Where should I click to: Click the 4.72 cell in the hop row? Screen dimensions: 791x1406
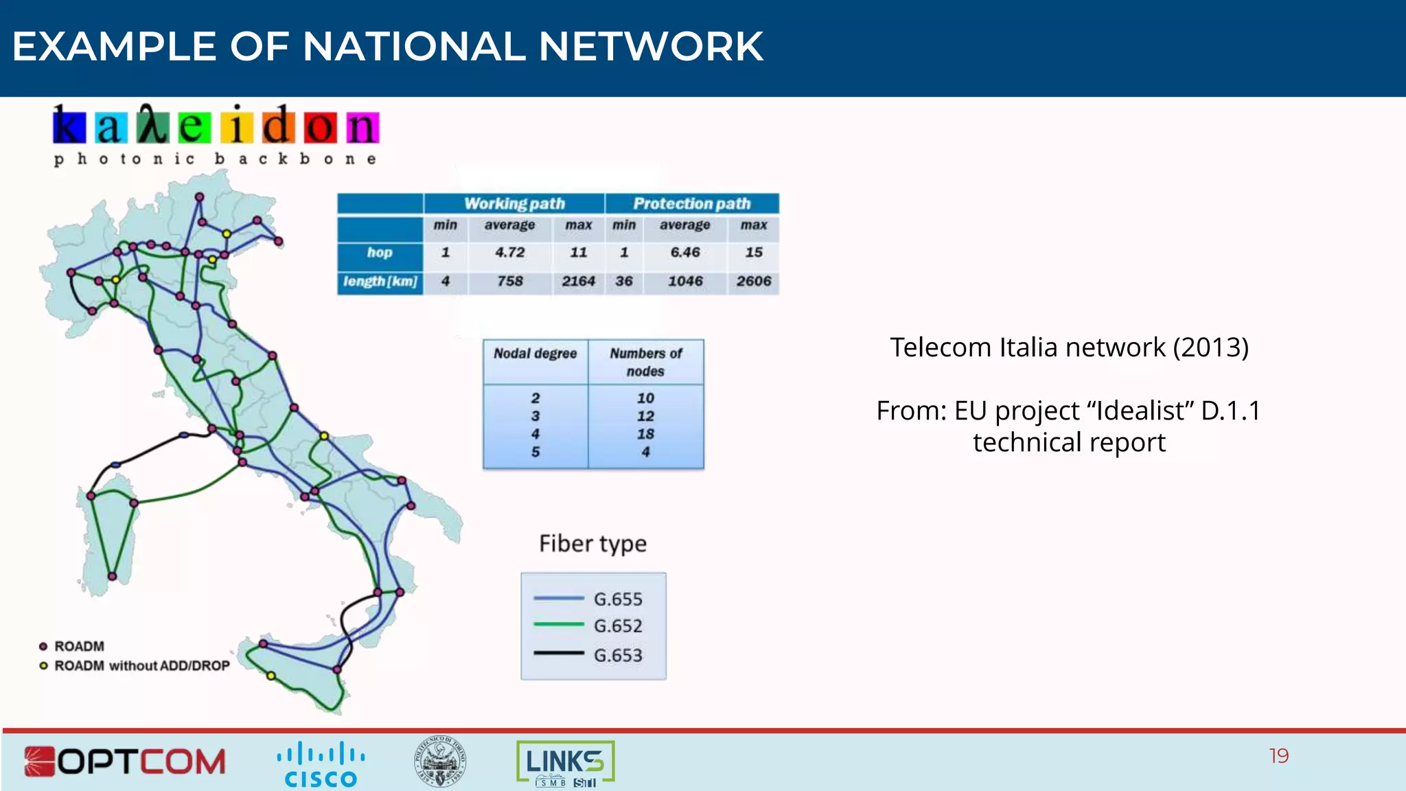click(509, 253)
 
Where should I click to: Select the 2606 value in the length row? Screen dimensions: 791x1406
click(753, 282)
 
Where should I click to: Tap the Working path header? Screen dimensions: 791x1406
click(514, 204)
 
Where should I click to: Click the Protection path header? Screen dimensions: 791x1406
click(691, 204)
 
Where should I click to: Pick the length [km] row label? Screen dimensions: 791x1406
click(380, 282)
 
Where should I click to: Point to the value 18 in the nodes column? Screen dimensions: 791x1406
click(645, 434)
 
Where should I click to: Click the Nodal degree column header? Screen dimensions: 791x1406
click(535, 354)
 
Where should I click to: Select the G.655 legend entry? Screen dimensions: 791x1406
click(618, 599)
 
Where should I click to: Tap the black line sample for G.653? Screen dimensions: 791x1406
click(558, 653)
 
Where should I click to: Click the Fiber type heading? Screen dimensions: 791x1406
click(592, 544)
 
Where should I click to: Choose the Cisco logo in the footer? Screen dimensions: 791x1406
click(321, 764)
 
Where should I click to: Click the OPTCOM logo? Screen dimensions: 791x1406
click(125, 761)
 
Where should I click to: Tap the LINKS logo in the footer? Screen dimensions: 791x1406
click(565, 762)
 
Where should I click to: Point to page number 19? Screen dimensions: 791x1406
click(1278, 756)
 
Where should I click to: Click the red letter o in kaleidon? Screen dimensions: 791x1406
click(321, 128)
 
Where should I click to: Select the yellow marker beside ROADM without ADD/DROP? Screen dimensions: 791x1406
click(43, 666)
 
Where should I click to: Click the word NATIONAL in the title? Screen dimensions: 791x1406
click(413, 47)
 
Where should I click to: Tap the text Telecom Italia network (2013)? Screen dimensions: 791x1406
click(1069, 347)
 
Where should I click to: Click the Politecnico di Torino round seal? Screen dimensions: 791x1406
click(440, 761)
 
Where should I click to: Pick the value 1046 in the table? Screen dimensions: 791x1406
click(684, 282)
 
